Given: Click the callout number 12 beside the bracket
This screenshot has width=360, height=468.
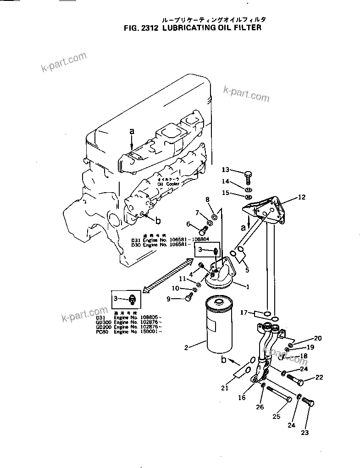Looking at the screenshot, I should [x=301, y=198].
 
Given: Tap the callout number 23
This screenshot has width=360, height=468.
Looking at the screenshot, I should [x=305, y=432].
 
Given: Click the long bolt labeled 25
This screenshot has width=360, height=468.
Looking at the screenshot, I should [x=278, y=395].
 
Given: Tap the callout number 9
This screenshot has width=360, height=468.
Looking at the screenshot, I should [x=168, y=299].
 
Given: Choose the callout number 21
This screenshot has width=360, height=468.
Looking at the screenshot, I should [x=225, y=388].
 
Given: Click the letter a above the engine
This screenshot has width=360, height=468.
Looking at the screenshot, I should [x=132, y=131].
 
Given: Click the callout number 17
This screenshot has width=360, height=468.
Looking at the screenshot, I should [x=244, y=312].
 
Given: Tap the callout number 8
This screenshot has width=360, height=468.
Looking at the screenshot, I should [x=207, y=199].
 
